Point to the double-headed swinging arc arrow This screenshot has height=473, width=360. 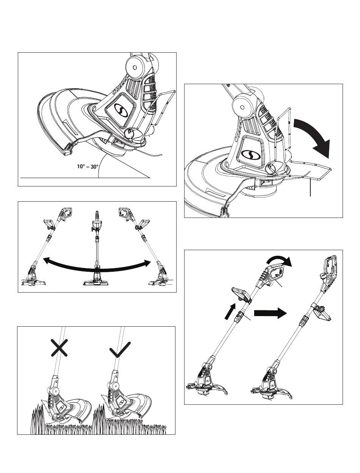pyautogui.click(x=95, y=265)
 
